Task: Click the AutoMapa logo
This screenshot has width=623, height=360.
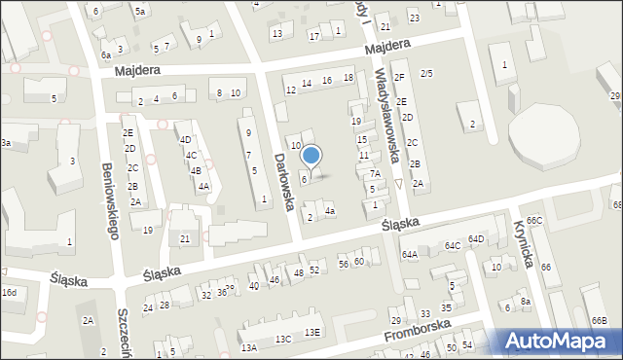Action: [559, 341]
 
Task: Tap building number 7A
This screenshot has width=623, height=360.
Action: [374, 173]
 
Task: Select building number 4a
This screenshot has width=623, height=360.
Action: [330, 211]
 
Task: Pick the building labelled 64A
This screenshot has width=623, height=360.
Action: [410, 254]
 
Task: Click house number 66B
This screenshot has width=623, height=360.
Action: [598, 321]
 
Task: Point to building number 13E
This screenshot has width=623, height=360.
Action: [311, 332]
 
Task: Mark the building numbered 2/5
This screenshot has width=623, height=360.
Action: [426, 73]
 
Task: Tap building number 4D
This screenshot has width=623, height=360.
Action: [185, 139]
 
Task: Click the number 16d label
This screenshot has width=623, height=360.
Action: [9, 292]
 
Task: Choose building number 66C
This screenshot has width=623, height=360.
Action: [534, 221]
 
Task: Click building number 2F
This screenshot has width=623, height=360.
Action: [399, 77]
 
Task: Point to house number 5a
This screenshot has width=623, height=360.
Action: [140, 12]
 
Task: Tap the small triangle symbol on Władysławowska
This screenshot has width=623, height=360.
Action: [399, 184]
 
